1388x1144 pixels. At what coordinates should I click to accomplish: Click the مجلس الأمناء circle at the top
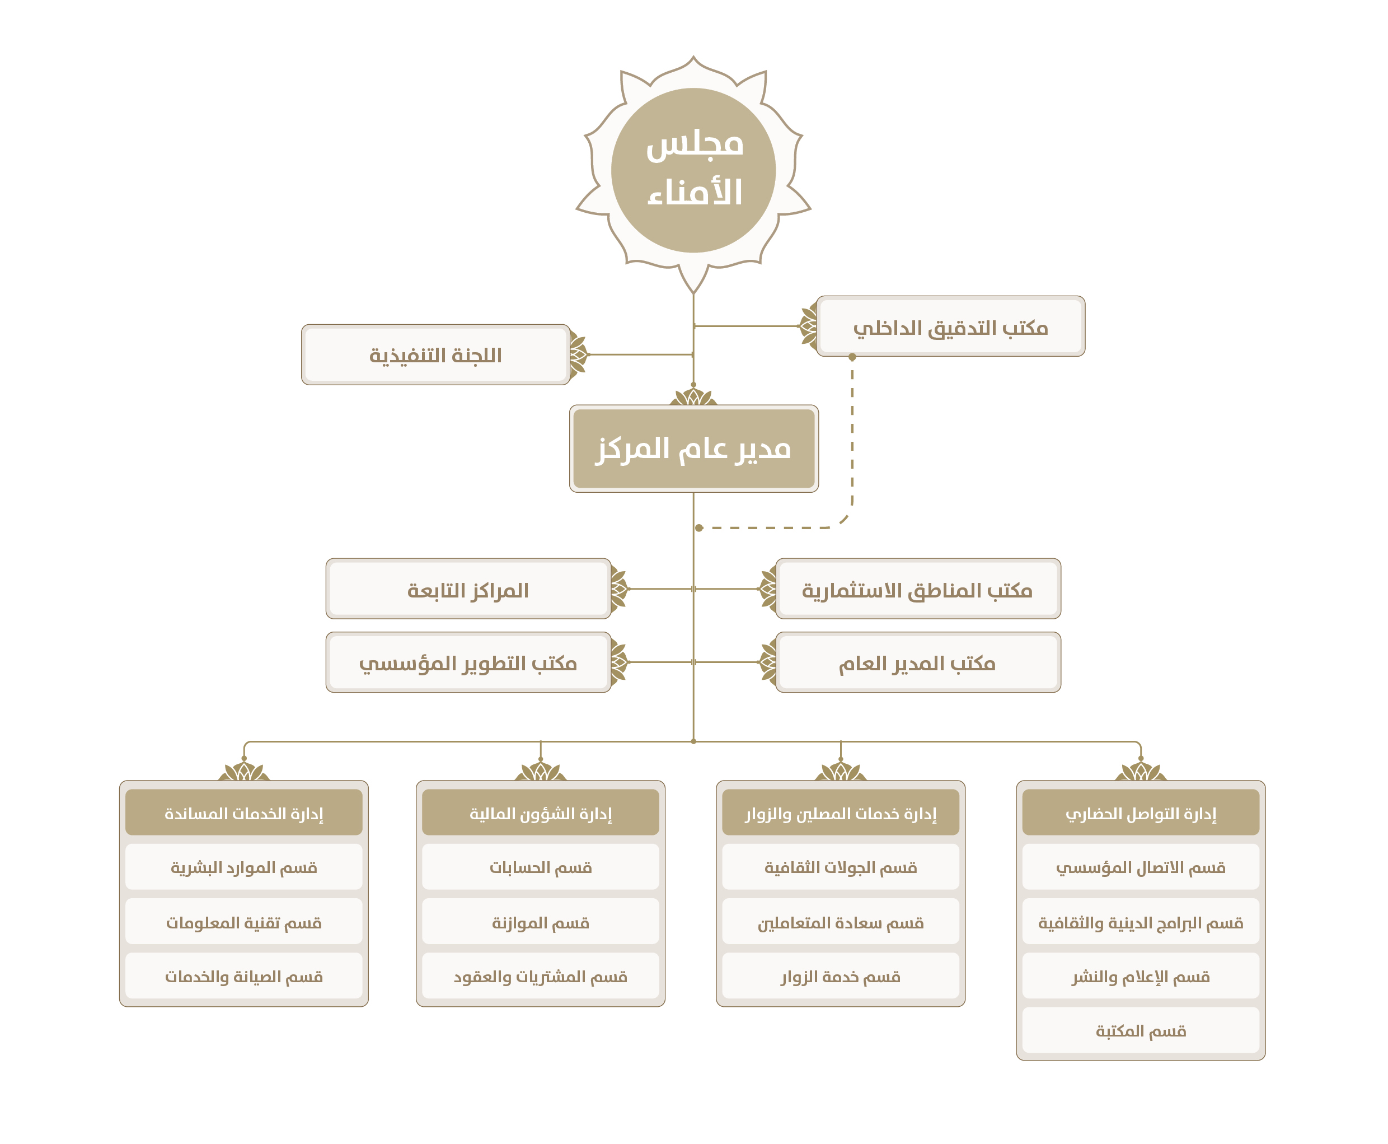(693, 170)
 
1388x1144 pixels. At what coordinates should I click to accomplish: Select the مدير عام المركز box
(693, 448)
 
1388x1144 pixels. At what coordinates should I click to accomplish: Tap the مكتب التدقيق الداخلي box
(950, 326)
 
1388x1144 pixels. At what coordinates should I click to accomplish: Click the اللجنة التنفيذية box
(435, 354)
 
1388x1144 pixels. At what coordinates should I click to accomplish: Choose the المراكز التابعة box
(468, 589)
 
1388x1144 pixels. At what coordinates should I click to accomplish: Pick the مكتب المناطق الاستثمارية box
(918, 589)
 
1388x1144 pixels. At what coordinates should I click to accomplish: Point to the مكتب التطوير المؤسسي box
(468, 662)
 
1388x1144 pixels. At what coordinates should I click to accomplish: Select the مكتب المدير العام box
(918, 662)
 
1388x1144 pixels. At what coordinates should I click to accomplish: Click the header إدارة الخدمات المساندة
(244, 813)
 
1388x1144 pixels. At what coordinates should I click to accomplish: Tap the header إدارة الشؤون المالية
(540, 813)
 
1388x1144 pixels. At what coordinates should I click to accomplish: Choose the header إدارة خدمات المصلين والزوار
(841, 813)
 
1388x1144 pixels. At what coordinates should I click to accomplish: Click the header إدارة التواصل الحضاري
(1140, 813)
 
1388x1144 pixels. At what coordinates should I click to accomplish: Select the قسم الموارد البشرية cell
(244, 867)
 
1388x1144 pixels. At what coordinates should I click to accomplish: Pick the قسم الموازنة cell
(540, 921)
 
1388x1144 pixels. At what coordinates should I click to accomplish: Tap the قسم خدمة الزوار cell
(841, 975)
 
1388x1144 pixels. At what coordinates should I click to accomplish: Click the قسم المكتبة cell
(1140, 1030)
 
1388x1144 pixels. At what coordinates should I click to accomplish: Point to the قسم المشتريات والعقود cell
(540, 975)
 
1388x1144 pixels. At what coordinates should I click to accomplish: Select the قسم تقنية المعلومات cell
(244, 921)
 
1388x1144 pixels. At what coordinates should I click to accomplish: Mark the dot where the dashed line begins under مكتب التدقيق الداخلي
(852, 357)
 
